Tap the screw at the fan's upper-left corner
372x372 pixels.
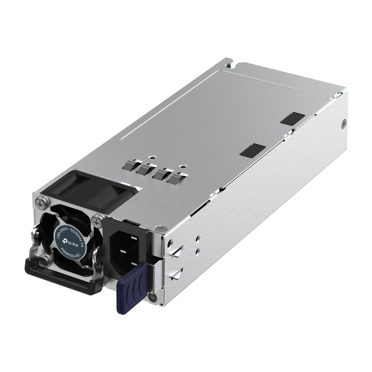40,203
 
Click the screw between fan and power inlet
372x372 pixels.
97,221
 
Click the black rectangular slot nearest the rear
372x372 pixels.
292,118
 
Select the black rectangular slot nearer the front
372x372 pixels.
253,150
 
